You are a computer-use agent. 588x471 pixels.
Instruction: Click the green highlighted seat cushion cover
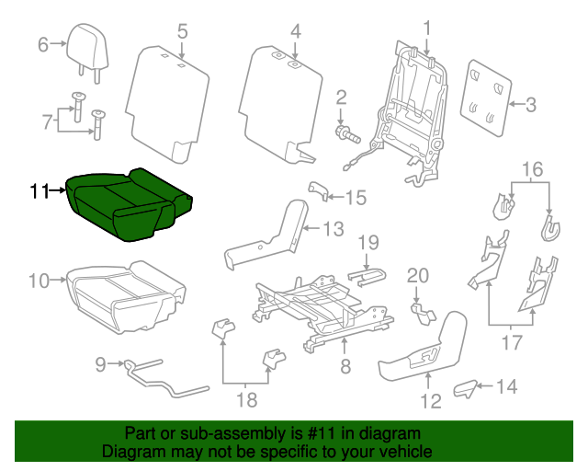(129, 204)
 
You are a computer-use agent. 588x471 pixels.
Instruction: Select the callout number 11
(39, 191)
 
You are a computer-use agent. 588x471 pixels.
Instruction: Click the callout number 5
(182, 32)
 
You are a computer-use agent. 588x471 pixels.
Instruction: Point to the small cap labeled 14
(466, 387)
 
